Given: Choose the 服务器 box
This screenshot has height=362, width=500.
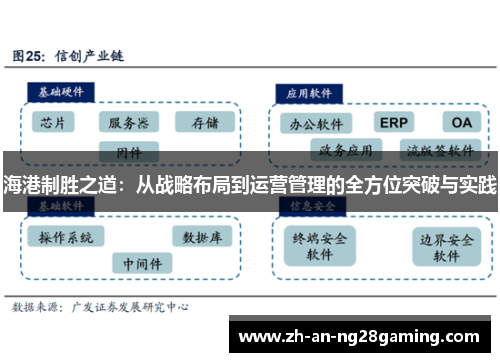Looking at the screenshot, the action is pos(128,123).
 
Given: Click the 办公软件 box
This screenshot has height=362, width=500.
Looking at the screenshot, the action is pos(317,124).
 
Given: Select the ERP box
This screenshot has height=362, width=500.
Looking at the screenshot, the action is pos(393,122).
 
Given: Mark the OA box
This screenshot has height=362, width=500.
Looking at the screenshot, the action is pos(460,122).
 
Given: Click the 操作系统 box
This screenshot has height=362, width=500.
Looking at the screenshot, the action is pos(66,238).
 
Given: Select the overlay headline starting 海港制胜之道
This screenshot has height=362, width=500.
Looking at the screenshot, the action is pos(250,184).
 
